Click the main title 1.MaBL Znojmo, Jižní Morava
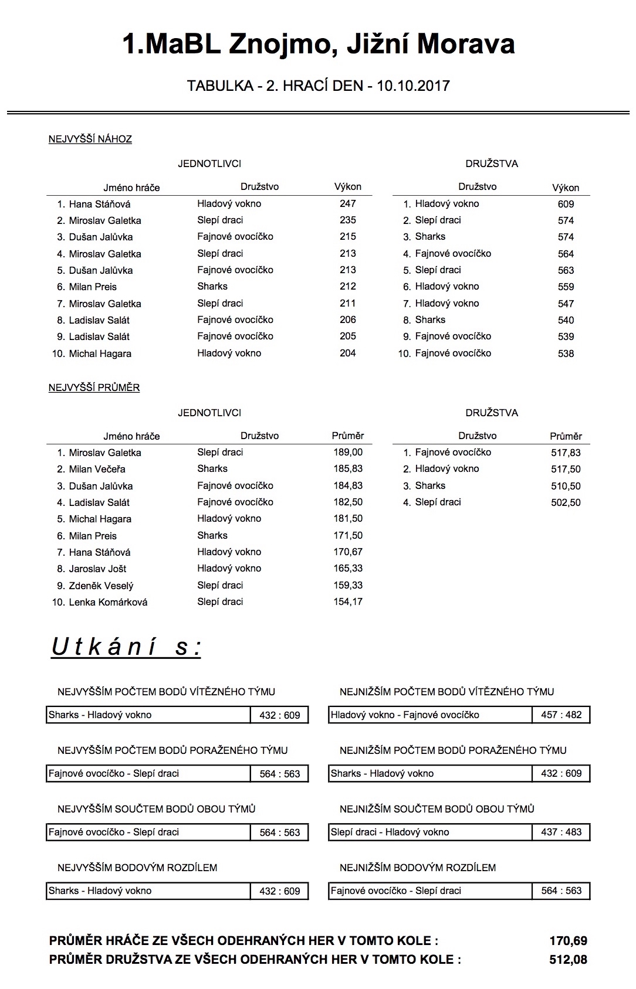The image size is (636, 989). pyautogui.click(x=318, y=44)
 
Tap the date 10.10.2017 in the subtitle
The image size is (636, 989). pyautogui.click(x=413, y=86)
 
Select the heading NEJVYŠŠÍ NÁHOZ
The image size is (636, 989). pyautogui.click(x=90, y=140)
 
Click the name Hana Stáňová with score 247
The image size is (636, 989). pyautogui.click(x=99, y=205)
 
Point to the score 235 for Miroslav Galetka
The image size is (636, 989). pyautogui.click(x=347, y=220)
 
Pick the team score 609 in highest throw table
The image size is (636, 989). pyautogui.click(x=566, y=205)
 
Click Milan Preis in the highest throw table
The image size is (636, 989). pyautogui.click(x=93, y=287)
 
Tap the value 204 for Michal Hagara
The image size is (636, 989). pyautogui.click(x=347, y=354)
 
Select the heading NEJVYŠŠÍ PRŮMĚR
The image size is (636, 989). pyautogui.click(x=94, y=388)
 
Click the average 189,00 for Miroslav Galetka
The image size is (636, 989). pyautogui.click(x=348, y=453)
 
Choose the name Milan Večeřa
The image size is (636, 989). pyautogui.click(x=97, y=470)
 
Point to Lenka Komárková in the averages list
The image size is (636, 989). pyautogui.click(x=108, y=603)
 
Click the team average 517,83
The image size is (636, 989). pyautogui.click(x=566, y=453)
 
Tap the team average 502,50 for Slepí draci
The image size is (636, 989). pyautogui.click(x=566, y=503)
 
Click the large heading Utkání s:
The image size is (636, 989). pyautogui.click(x=126, y=647)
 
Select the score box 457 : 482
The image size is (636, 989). pyautogui.click(x=561, y=715)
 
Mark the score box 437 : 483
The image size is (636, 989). pyautogui.click(x=561, y=832)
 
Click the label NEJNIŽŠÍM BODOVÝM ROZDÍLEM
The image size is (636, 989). pyautogui.click(x=418, y=868)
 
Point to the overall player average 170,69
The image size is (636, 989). pyautogui.click(x=568, y=942)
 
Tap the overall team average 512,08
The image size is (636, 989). pyautogui.click(x=568, y=960)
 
